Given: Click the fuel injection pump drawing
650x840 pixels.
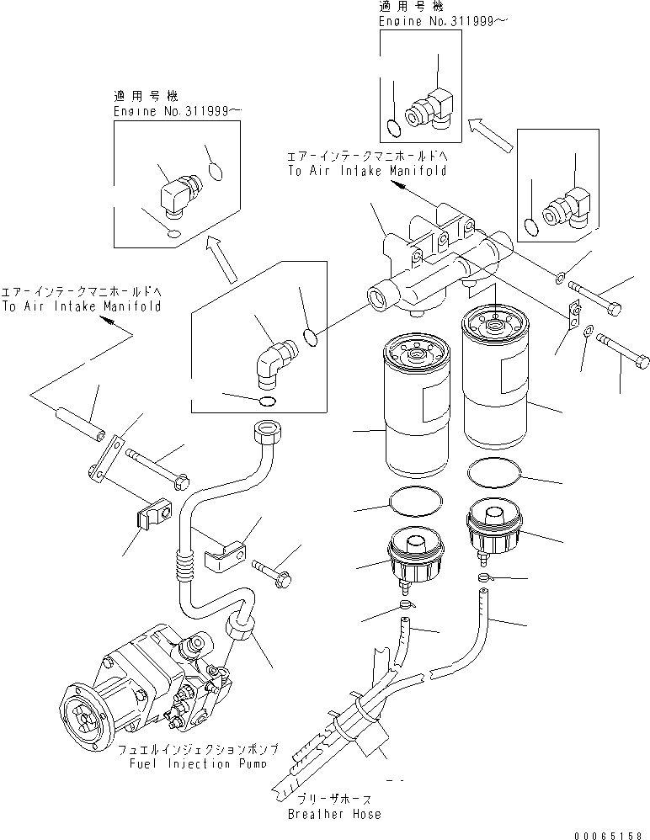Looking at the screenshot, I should tap(143, 682).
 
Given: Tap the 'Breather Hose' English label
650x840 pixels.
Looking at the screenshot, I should tap(334, 814).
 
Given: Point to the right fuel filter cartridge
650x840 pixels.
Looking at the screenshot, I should tap(495, 383).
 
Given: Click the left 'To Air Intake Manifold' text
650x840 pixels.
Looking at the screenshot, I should tap(81, 306).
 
